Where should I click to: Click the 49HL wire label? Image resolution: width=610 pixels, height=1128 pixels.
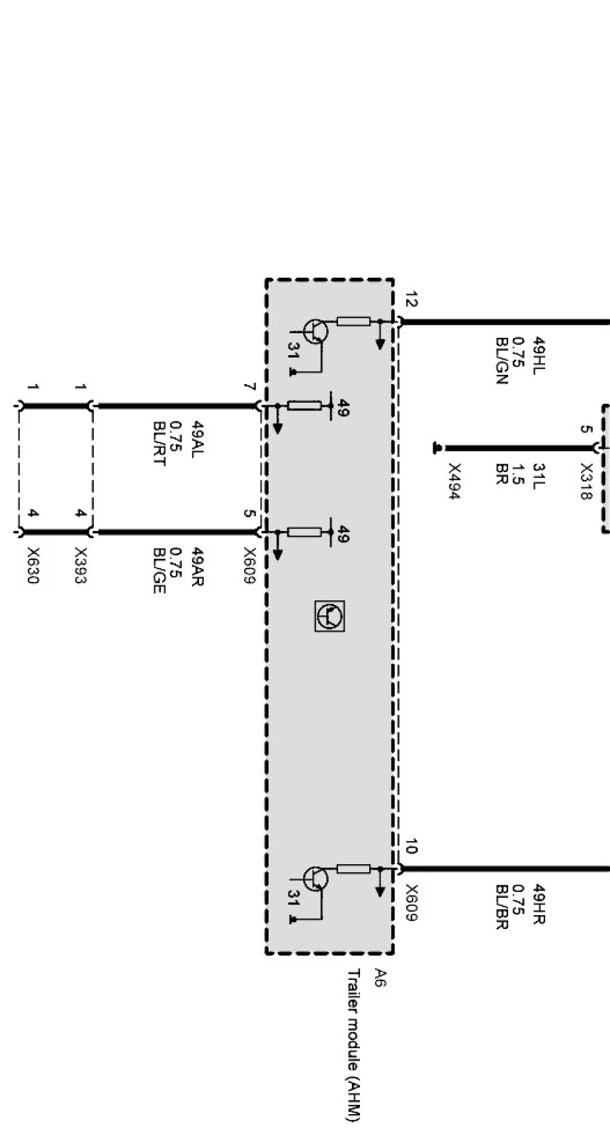click(x=538, y=358)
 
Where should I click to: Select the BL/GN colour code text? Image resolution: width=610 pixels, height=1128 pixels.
click(x=501, y=361)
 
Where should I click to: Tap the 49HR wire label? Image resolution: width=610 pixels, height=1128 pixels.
click(x=538, y=904)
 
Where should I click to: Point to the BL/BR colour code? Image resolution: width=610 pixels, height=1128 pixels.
click(x=501, y=906)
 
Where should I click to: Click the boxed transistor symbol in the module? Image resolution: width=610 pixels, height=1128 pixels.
click(x=329, y=616)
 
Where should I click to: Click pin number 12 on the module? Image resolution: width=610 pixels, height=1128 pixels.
click(x=411, y=300)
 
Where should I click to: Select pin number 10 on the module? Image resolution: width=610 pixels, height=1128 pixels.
click(x=411, y=846)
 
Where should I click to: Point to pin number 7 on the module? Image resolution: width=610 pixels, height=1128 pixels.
click(x=249, y=387)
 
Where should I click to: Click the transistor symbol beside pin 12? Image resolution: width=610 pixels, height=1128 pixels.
click(x=316, y=331)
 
